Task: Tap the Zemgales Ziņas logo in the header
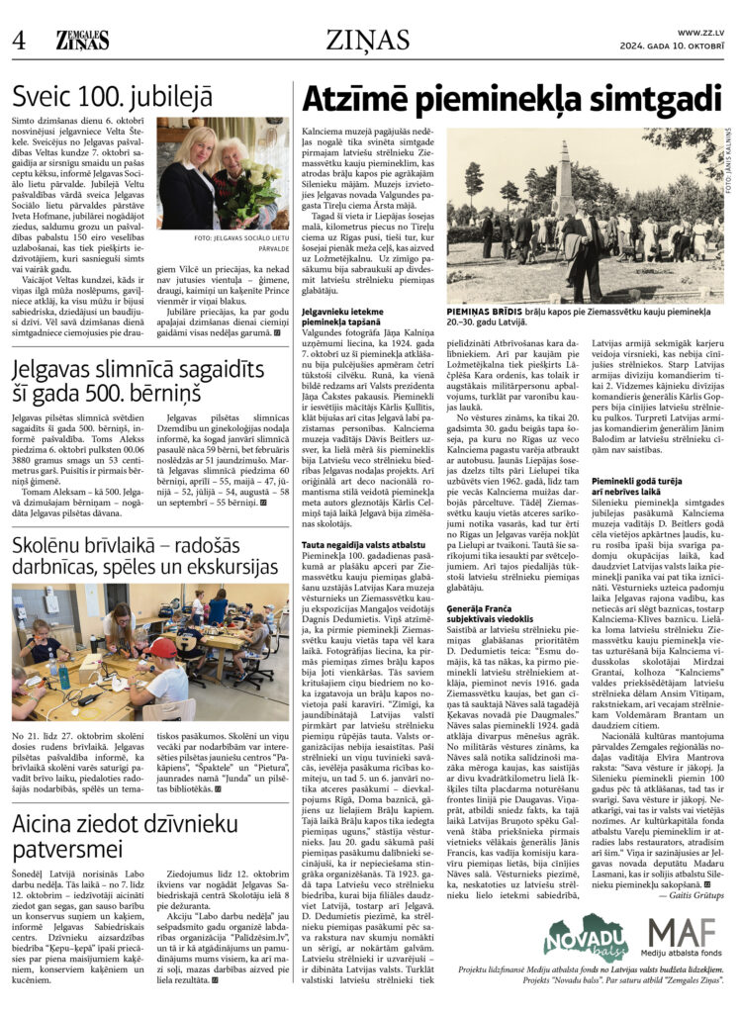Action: [x=82, y=41]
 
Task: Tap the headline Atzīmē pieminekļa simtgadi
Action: [x=511, y=100]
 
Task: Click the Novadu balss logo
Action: [x=583, y=938]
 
